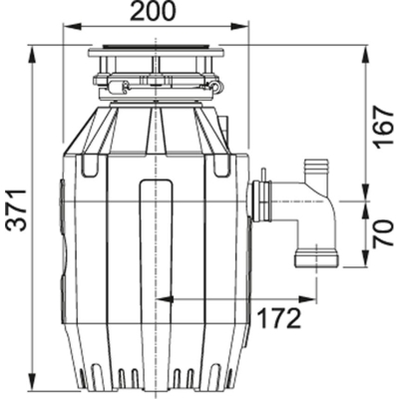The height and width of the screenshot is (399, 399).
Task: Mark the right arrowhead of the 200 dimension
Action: [242, 28]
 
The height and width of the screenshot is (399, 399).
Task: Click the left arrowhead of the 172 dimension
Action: [161, 297]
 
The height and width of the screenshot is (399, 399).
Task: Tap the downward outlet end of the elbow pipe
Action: [316, 259]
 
